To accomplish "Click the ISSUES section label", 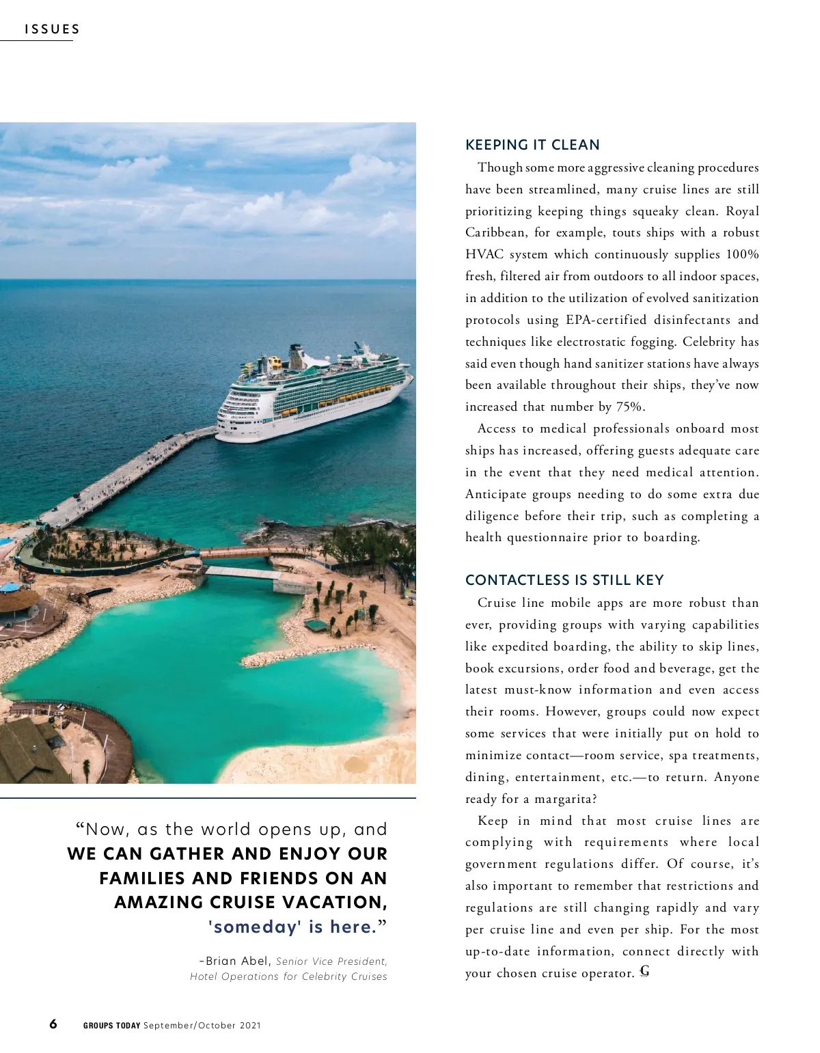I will tap(52, 29).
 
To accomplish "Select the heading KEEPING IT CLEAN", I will tap(532, 145).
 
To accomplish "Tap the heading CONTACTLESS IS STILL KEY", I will tap(564, 580).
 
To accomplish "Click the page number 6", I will tap(53, 1024).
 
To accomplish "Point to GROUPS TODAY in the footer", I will tap(111, 1025).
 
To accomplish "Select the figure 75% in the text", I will tap(630, 407).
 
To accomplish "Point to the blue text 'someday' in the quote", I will tap(255, 927).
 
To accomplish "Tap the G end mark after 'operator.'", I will tap(644, 972).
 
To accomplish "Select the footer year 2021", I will tap(250, 1025).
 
